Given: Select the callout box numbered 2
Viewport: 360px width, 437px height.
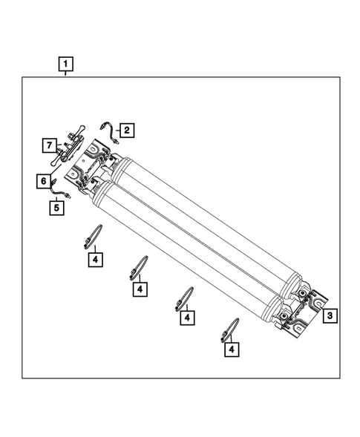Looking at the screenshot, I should point(126,131).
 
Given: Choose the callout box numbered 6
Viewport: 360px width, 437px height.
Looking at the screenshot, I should point(42,180).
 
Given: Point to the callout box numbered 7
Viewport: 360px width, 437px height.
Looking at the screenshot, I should point(48,144).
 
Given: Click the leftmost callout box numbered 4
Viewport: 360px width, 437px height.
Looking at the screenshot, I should point(94,260).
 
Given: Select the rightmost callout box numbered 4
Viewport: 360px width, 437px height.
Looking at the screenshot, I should point(232,347).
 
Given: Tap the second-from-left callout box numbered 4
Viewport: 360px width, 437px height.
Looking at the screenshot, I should point(139,288).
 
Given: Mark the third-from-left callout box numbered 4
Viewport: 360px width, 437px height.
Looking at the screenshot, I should point(188,318).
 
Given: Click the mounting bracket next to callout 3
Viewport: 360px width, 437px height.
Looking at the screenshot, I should point(308,310).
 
